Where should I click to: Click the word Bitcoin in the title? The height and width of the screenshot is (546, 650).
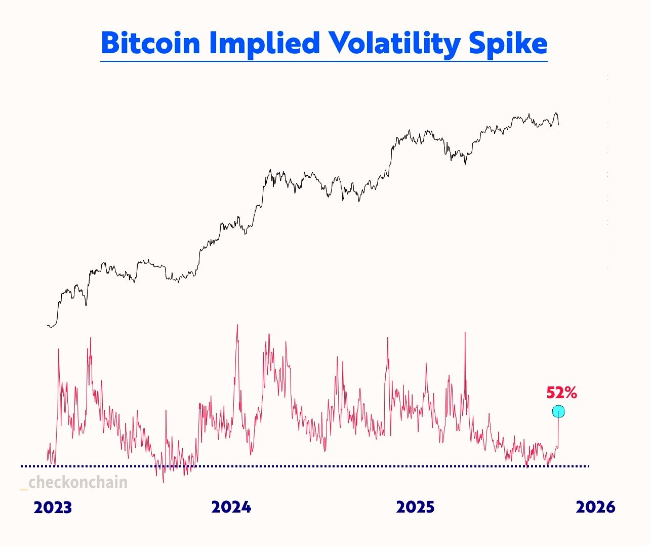point(150,44)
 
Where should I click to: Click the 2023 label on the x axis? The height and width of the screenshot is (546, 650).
point(53,508)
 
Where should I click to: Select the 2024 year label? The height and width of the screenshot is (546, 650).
point(231,507)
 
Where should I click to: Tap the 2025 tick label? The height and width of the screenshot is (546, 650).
point(415,507)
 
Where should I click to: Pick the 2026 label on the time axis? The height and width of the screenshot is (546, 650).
point(596,507)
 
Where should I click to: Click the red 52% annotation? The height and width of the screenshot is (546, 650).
point(561,393)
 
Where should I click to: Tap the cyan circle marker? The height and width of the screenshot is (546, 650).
point(558,412)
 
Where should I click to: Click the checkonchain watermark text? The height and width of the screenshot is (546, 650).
point(78,482)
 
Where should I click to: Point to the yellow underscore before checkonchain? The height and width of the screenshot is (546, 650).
point(24,488)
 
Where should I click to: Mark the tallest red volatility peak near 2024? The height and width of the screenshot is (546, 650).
point(237,326)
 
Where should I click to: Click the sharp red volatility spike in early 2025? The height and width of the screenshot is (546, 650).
point(465,333)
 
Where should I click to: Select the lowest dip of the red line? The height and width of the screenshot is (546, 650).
point(164,481)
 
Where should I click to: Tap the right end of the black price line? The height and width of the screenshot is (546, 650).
point(559,124)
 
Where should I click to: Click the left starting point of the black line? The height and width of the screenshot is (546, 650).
point(48,326)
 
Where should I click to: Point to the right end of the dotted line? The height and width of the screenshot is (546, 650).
point(588,465)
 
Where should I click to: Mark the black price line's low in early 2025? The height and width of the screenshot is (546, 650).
point(465,164)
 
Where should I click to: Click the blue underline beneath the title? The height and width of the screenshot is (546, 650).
point(324,61)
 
